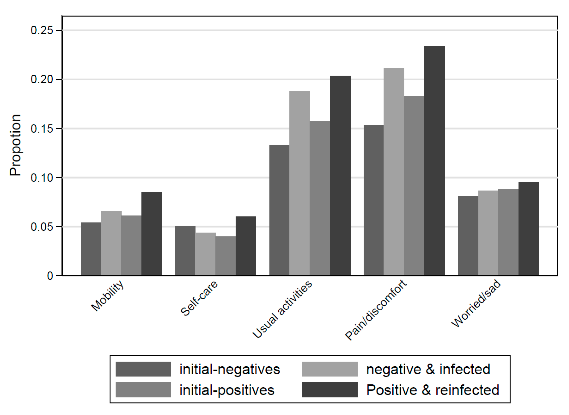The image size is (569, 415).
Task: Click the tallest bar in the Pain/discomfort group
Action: pos(435,161)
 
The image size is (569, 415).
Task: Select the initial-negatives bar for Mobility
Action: pos(91,249)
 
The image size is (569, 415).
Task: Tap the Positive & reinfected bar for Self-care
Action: pos(246,246)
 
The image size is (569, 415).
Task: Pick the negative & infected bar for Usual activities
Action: pos(299,183)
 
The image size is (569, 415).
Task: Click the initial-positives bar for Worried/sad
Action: pos(508,232)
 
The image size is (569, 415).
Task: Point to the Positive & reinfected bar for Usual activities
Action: pos(340,176)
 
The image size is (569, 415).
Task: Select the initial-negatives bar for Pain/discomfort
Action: pos(373,200)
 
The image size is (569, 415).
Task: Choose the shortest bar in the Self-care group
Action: pos(225,256)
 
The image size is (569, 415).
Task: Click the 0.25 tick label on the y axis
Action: pos(42,30)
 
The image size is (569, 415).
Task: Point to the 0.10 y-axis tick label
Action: pos(42,178)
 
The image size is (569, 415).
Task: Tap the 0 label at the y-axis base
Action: pos(50,276)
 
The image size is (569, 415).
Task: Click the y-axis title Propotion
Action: pos(15,145)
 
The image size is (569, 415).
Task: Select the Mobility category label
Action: pos(107,295)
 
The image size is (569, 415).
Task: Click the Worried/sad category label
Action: pos(476,303)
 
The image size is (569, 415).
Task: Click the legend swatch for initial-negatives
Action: pos(143,369)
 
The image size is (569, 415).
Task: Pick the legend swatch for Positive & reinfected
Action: pos(330,390)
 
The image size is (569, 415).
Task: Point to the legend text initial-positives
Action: pos(227,390)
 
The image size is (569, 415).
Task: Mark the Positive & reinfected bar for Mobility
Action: pos(152,234)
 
